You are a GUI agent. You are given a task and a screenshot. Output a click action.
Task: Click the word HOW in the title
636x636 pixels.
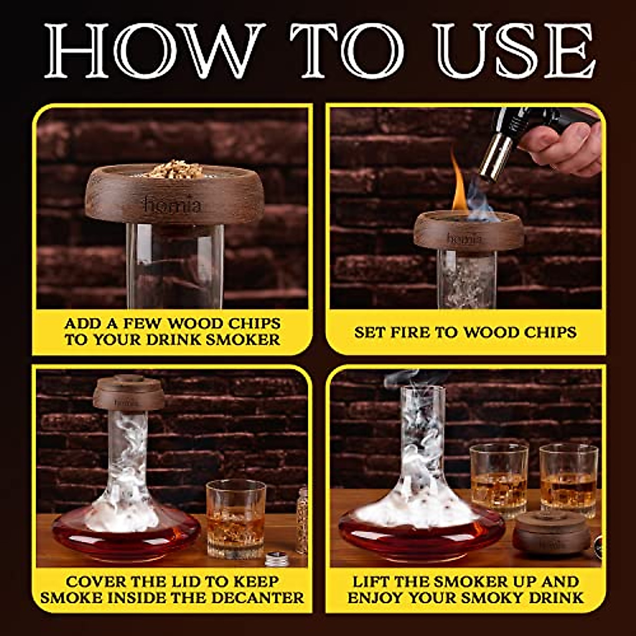pyautogui.click(x=154, y=51)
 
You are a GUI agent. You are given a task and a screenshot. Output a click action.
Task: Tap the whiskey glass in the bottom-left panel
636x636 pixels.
pyautogui.click(x=235, y=517)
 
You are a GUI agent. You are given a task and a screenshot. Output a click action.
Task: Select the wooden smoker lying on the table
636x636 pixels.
pyautogui.click(x=551, y=533)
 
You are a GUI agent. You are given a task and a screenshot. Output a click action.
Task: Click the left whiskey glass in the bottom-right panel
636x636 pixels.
pyautogui.click(x=498, y=480)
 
